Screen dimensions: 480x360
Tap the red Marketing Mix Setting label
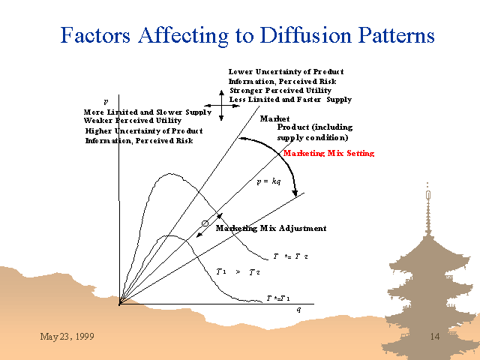click(x=328, y=153)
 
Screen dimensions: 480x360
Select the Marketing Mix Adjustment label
click(x=271, y=228)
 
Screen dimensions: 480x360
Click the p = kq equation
click(x=268, y=181)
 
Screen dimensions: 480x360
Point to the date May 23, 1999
click(x=67, y=337)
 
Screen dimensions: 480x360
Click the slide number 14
click(x=435, y=337)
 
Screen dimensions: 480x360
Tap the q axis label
click(x=298, y=310)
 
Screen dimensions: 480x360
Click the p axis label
click(x=106, y=102)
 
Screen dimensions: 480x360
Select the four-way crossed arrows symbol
click(x=222, y=106)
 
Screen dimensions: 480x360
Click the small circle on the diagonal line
click(x=205, y=223)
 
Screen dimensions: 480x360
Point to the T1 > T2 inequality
click(x=238, y=271)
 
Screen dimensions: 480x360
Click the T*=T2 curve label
click(x=290, y=256)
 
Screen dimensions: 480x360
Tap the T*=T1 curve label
click(x=278, y=298)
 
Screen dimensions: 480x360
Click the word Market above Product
click(x=274, y=118)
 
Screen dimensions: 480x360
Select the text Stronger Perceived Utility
click(x=280, y=91)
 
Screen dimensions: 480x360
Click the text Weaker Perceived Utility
click(x=133, y=121)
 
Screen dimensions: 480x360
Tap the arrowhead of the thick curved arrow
click(x=295, y=193)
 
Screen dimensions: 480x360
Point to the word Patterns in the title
click(x=396, y=35)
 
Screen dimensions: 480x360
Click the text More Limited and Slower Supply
click(x=148, y=112)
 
